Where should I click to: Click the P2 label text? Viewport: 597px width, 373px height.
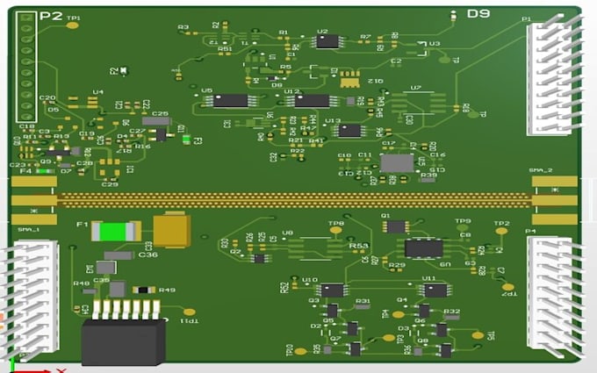(x=52, y=15)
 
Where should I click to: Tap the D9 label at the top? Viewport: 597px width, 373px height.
(x=478, y=14)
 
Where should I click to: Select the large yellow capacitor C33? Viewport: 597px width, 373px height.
(x=171, y=230)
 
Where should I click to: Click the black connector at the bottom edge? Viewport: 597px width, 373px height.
(x=123, y=341)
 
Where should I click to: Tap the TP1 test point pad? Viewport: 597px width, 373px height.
(x=74, y=25)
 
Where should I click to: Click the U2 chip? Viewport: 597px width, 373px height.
(x=327, y=40)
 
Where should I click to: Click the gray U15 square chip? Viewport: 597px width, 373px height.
(x=396, y=162)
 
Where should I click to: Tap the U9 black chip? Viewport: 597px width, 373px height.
(x=423, y=247)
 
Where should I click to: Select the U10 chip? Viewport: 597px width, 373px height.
(x=332, y=289)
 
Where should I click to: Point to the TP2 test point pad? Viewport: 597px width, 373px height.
(x=501, y=232)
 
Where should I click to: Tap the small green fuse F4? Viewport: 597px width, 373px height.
(x=41, y=171)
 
